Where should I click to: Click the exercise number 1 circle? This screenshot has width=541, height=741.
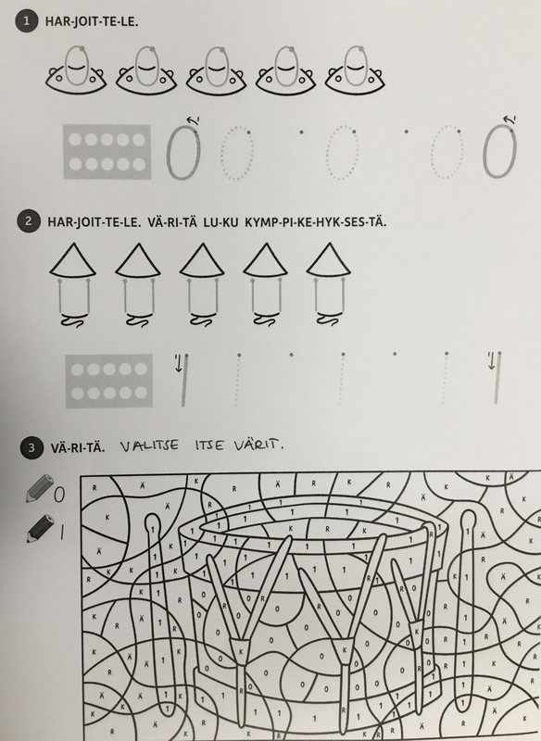pyautogui.click(x=26, y=21)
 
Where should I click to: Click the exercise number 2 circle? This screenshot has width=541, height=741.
pyautogui.click(x=28, y=221)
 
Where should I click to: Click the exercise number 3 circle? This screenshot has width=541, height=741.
pyautogui.click(x=31, y=447)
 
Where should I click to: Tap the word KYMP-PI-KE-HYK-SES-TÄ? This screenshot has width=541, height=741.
pyautogui.click(x=315, y=222)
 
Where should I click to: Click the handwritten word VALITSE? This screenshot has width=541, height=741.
pyautogui.click(x=149, y=446)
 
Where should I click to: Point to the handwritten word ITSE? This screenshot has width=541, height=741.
pyautogui.click(x=208, y=446)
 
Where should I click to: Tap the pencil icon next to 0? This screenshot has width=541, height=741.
pyautogui.click(x=39, y=488)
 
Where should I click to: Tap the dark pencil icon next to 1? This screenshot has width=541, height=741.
pyautogui.click(x=40, y=528)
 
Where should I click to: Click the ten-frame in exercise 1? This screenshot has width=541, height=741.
pyautogui.click(x=107, y=152)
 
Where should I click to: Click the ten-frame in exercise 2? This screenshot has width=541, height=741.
pyautogui.click(x=109, y=381)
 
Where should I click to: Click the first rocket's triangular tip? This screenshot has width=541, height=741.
pyautogui.click(x=73, y=260)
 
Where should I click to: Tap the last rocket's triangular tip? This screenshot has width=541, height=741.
pyautogui.click(x=328, y=259)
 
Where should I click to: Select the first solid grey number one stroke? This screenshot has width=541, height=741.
pyautogui.click(x=184, y=381)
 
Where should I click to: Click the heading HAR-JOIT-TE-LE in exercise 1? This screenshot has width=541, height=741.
pyautogui.click(x=92, y=21)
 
